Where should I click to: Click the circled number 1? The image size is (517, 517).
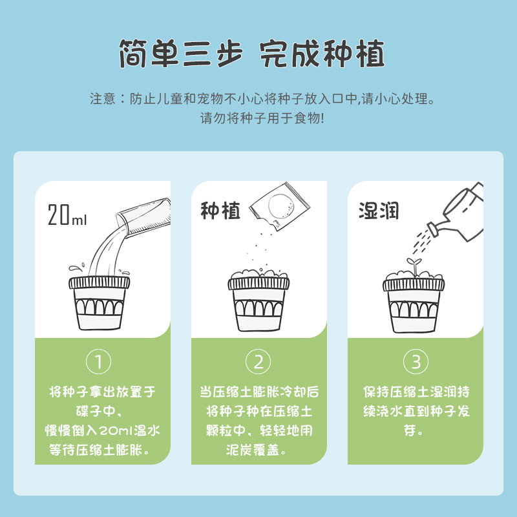coord(99,361)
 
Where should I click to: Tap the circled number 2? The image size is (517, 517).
coord(258,361)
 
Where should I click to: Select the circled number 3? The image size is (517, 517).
coord(416,361)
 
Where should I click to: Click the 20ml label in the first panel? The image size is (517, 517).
coord(67,215)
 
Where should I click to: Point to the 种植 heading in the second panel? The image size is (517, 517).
coord(220,211)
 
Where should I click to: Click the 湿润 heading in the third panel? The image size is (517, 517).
coord(379,211)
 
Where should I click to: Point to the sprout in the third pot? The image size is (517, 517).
coord(410,264)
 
